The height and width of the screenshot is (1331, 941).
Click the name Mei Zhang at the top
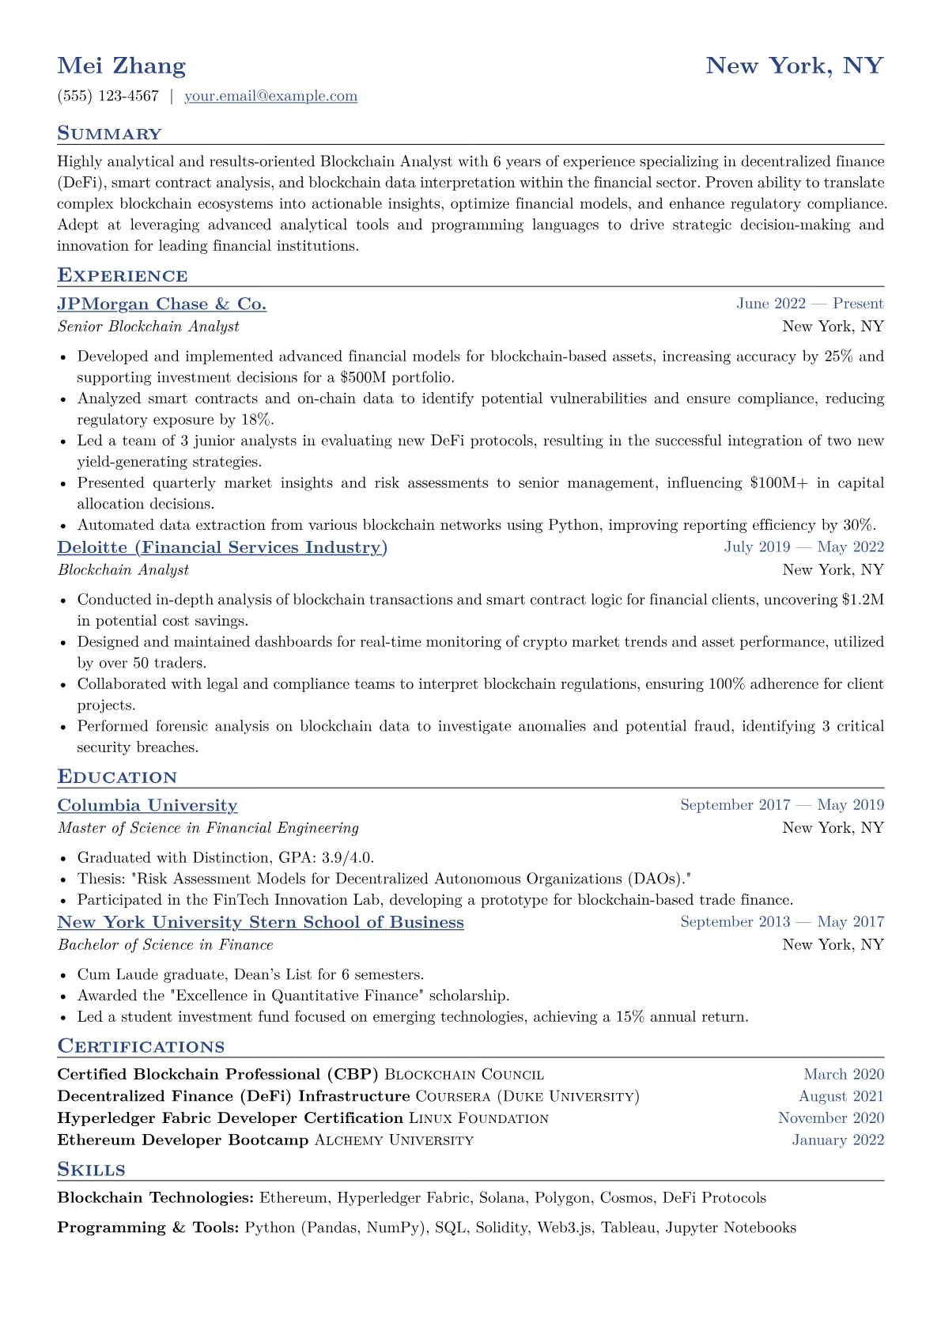click(x=122, y=66)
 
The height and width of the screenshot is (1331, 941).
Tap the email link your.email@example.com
click(x=270, y=96)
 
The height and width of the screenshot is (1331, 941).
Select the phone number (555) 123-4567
click(x=108, y=96)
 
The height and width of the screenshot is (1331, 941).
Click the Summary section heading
click(x=109, y=134)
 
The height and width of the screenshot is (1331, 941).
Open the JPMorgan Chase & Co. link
click(x=161, y=304)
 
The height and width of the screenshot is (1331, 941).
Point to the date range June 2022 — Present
click(x=810, y=304)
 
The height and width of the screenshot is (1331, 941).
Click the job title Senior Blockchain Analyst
click(x=148, y=327)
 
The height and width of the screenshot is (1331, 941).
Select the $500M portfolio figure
click(x=368, y=378)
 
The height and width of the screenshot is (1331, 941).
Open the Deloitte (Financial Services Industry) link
click(x=222, y=548)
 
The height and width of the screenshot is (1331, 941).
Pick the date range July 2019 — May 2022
click(x=803, y=547)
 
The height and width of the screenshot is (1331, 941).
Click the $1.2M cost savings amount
click(x=863, y=600)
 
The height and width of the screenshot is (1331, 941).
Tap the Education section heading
click(x=117, y=777)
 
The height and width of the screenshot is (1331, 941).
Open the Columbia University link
click(x=147, y=806)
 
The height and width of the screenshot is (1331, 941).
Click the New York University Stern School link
click(x=260, y=923)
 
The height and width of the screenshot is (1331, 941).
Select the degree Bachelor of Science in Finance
click(x=165, y=945)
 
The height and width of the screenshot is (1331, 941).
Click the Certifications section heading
click(x=141, y=1047)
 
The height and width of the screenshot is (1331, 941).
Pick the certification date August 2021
click(x=841, y=1097)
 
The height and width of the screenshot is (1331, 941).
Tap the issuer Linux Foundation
click(x=478, y=1118)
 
